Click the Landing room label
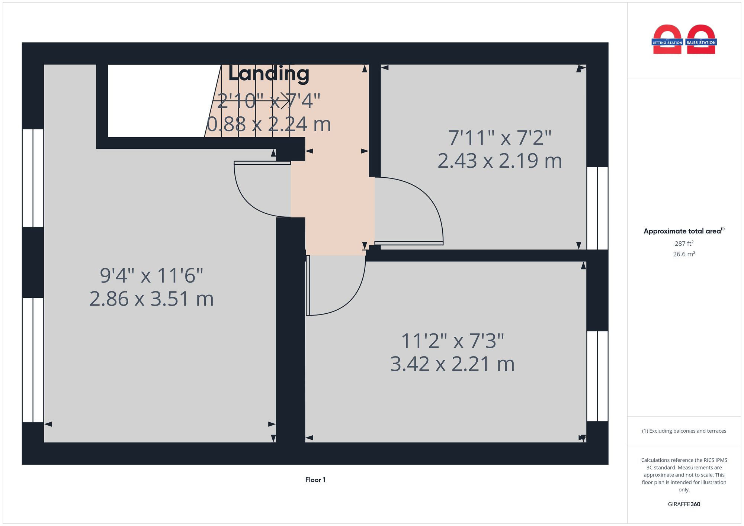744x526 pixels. (269, 74)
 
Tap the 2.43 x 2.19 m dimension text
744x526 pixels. (499, 161)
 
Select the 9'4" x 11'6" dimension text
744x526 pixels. (151, 275)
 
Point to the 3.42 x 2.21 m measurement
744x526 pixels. (452, 364)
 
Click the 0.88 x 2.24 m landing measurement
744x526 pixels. (269, 124)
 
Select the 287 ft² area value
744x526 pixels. (684, 243)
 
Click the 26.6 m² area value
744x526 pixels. (684, 254)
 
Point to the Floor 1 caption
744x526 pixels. (315, 480)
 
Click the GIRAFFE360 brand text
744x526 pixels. (684, 504)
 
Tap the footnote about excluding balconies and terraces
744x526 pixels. (684, 431)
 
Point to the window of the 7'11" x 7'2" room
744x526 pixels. (597, 208)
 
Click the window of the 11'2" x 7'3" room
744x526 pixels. (597, 376)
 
